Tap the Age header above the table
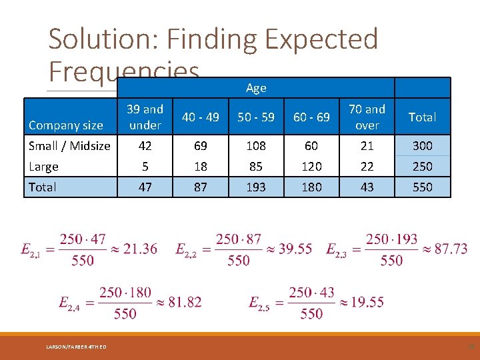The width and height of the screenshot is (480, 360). [256, 88]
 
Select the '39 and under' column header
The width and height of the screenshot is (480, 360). [145, 117]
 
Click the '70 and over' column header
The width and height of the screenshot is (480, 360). [367, 117]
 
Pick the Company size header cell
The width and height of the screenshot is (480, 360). [66, 125]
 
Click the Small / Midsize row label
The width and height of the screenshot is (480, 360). [69, 145]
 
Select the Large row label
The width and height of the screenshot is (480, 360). [44, 166]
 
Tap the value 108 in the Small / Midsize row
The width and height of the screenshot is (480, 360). [256, 145]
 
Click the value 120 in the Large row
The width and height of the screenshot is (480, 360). [311, 166]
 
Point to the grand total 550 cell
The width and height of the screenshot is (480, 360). [422, 187]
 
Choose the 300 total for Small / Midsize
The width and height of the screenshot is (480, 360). [422, 145]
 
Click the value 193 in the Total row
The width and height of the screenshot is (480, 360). [256, 187]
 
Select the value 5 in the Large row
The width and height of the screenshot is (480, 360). [145, 166]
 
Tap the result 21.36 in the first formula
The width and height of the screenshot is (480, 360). [140, 249]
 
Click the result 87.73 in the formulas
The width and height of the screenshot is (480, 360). [451, 249]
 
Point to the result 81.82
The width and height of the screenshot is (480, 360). [185, 303]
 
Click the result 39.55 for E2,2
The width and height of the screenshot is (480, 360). [295, 249]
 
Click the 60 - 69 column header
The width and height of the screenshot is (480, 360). [311, 117]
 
